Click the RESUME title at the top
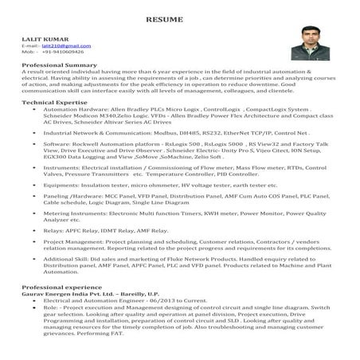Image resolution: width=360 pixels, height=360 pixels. tap(179, 18)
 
